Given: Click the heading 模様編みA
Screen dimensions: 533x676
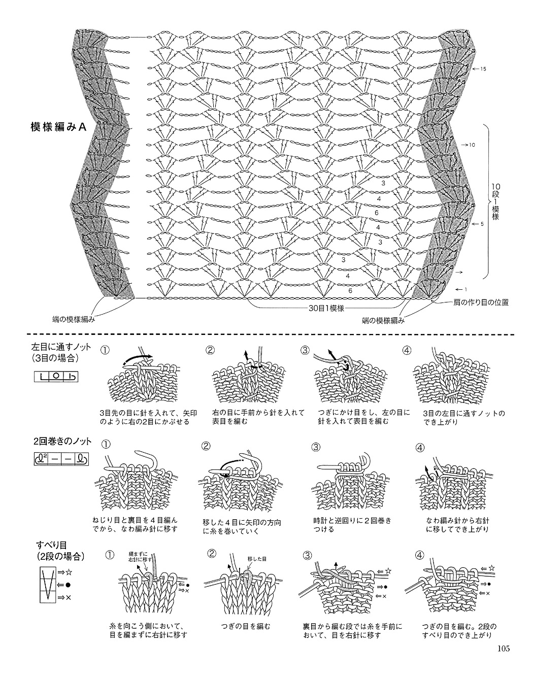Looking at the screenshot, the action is pyautogui.click(x=58, y=127).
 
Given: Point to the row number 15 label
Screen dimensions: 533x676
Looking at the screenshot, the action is pyautogui.click(x=483, y=69).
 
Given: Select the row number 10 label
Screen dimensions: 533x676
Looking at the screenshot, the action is pyautogui.click(x=472, y=145).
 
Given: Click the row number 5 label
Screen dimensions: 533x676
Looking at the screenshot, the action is pyautogui.click(x=482, y=224).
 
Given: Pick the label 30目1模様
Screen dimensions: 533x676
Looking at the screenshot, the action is pyautogui.click(x=326, y=309).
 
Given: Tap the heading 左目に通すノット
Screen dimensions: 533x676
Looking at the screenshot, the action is pyautogui.click(x=61, y=347).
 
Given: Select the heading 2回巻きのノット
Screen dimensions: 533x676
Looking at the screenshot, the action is pyautogui.click(x=62, y=441).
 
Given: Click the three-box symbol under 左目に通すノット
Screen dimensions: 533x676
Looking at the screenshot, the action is pyautogui.click(x=56, y=377).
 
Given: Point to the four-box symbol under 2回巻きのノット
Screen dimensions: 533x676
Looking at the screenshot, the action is pyautogui.click(x=61, y=460).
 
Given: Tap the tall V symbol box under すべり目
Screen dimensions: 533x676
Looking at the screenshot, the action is pyautogui.click(x=48, y=585).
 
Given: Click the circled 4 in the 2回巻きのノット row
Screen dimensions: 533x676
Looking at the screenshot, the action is pyautogui.click(x=420, y=447).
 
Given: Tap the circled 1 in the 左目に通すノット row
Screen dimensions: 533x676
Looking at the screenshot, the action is pyautogui.click(x=105, y=350).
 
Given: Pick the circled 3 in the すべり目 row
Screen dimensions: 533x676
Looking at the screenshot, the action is pyautogui.click(x=307, y=555).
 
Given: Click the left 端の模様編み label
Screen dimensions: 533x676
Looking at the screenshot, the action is pyautogui.click(x=74, y=320).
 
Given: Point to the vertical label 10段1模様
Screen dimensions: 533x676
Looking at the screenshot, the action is pyautogui.click(x=495, y=201).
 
